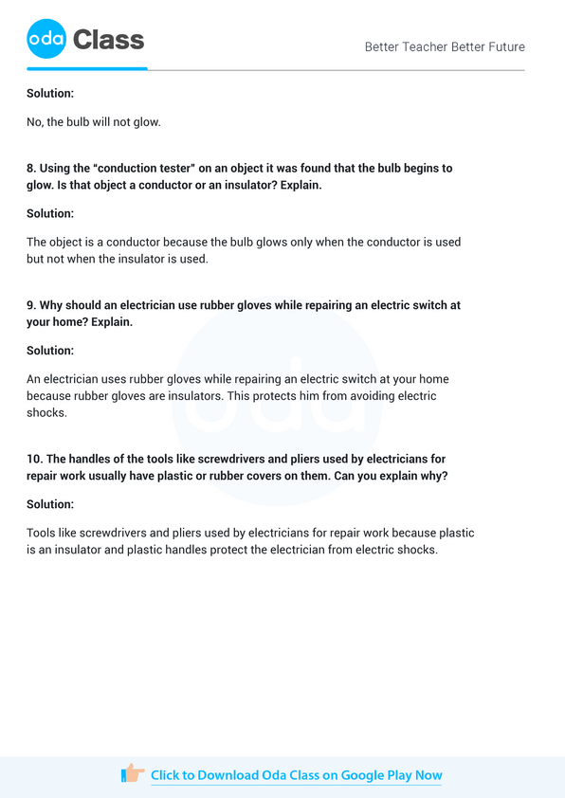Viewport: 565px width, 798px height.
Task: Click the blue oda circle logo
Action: click(46, 39)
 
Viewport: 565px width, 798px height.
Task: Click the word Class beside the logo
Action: click(108, 40)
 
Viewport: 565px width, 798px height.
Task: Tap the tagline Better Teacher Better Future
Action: click(445, 46)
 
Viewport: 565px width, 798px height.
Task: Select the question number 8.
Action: click(30, 168)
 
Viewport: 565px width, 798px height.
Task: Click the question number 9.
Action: click(30, 306)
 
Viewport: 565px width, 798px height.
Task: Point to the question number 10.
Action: click(33, 459)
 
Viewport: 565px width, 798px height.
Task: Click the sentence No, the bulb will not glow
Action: click(94, 122)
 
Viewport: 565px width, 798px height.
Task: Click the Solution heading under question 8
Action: click(50, 213)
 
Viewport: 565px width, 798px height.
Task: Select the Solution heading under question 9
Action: click(50, 351)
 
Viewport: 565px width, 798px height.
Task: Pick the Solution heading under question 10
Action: click(50, 504)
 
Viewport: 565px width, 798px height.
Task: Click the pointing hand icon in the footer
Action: click(133, 774)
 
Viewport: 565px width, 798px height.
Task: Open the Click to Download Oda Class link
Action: click(296, 775)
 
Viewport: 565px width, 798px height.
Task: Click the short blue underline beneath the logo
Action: click(87, 68)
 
